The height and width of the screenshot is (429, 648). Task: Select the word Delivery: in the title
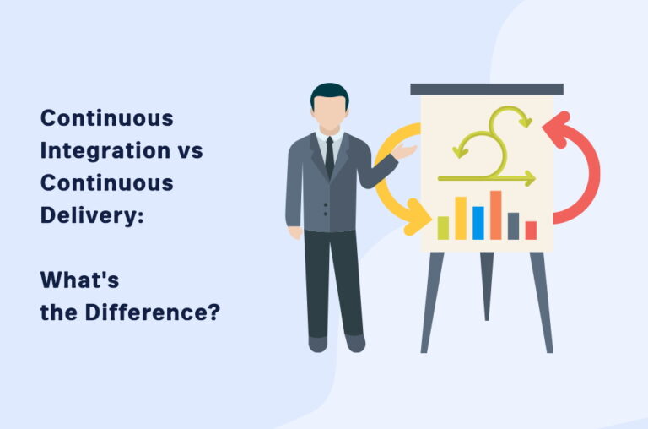point(92,214)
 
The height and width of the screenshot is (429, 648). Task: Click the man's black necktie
point(329,156)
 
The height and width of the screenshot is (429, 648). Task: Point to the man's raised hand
point(407,152)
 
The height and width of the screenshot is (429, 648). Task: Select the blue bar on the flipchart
point(478,222)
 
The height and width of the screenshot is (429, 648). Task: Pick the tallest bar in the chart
point(495,214)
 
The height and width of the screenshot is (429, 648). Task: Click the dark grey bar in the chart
point(513,225)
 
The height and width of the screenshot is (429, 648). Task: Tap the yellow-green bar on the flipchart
point(443,227)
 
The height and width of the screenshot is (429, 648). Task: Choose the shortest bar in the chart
point(531,230)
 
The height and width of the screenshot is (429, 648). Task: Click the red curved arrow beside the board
point(580,169)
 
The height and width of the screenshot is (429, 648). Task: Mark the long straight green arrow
point(486,178)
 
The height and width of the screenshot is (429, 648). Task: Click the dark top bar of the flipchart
point(487,89)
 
